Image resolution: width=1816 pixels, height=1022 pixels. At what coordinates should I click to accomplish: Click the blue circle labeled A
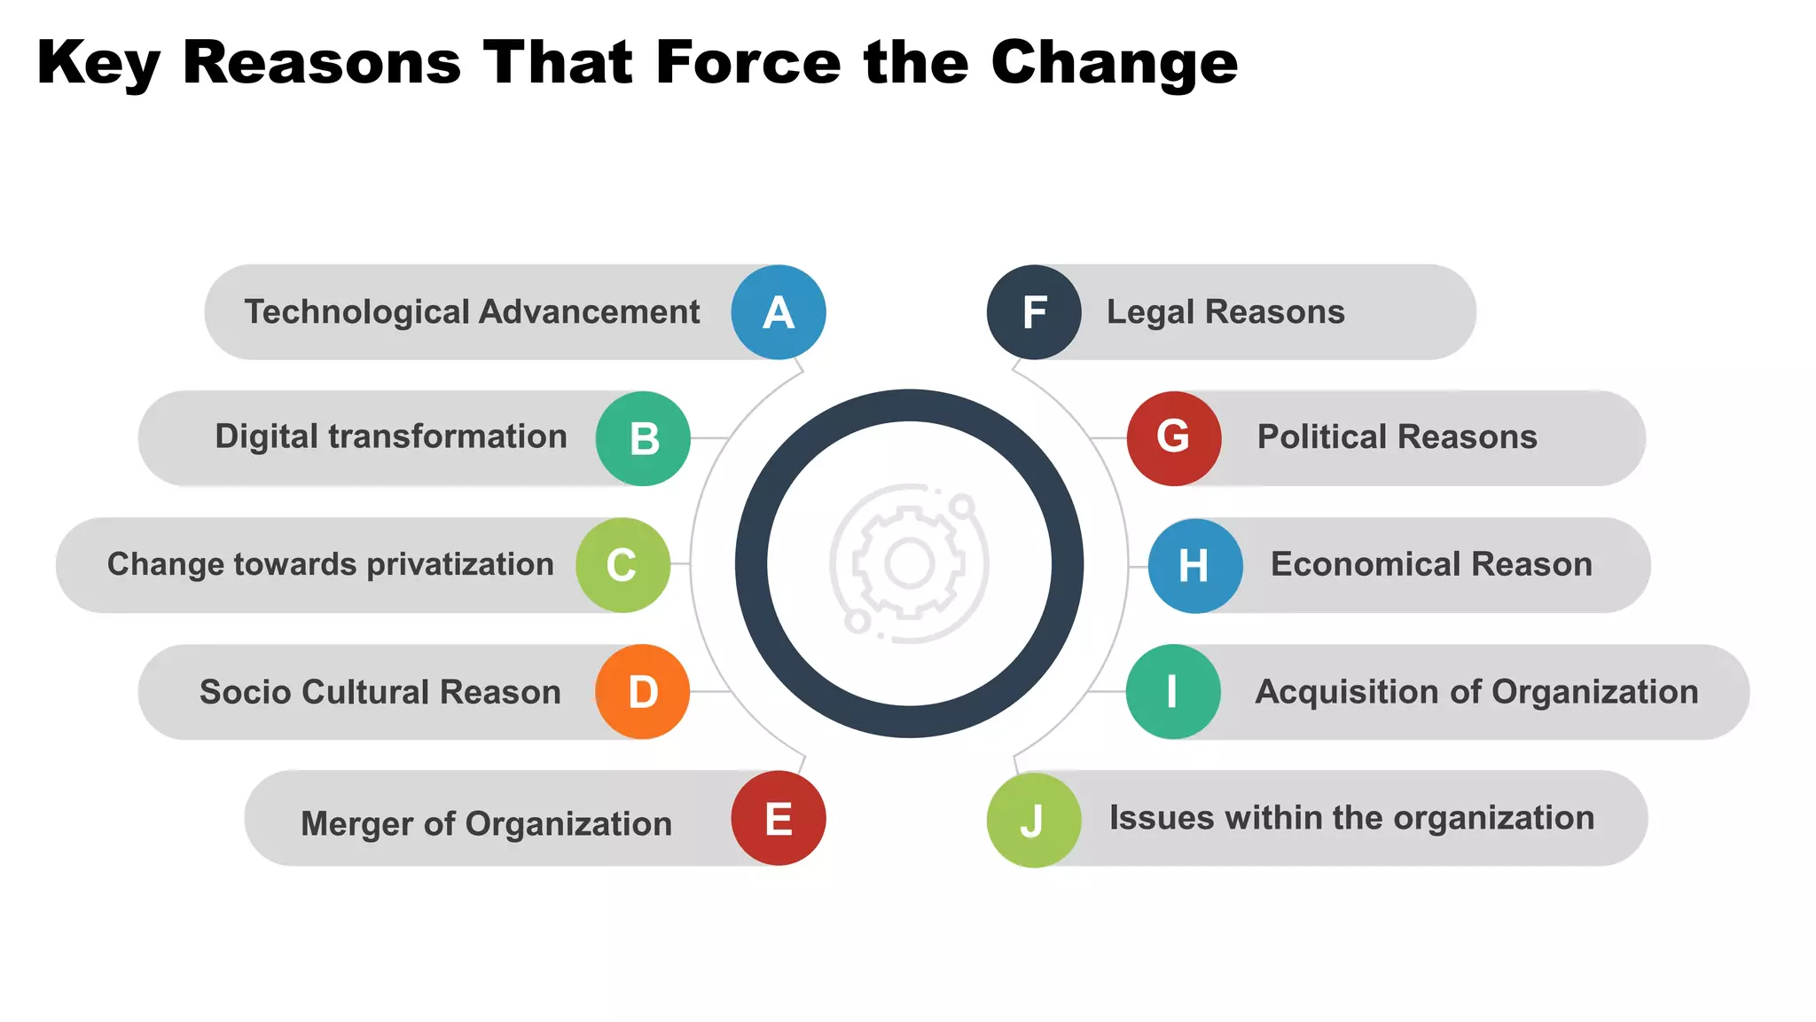tap(778, 312)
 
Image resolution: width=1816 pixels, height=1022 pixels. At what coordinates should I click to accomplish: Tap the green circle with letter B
tap(643, 438)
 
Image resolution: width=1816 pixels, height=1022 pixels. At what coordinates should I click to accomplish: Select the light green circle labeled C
tap(622, 565)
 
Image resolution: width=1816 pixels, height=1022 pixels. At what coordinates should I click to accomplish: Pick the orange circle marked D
tap(642, 692)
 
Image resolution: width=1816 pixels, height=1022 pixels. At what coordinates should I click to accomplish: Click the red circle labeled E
tap(778, 818)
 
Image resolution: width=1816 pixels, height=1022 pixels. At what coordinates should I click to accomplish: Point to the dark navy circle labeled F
tap(1034, 312)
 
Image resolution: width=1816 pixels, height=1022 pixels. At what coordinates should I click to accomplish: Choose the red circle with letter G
tap(1173, 438)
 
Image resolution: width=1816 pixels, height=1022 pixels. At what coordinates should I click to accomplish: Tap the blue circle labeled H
tap(1194, 565)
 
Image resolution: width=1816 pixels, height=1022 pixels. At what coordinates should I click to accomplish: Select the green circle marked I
tap(1172, 692)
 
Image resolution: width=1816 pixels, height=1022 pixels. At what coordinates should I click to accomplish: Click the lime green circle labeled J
tap(1033, 820)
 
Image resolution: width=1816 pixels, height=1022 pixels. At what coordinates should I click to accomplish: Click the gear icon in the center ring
tap(909, 563)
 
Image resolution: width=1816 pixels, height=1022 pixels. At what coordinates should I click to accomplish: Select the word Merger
tap(356, 824)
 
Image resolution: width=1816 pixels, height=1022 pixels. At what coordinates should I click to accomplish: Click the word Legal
tap(1150, 312)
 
